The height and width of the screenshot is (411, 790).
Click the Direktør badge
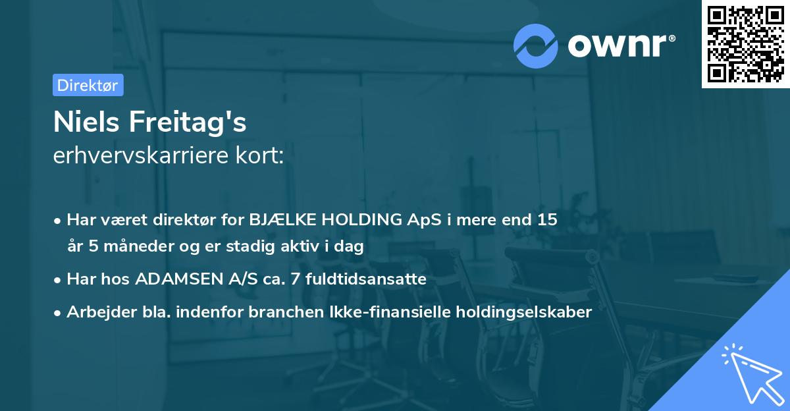[88, 85]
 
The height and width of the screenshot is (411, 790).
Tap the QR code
[745, 44]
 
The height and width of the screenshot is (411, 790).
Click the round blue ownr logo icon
[536, 46]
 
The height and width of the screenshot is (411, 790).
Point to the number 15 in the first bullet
[547, 220]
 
